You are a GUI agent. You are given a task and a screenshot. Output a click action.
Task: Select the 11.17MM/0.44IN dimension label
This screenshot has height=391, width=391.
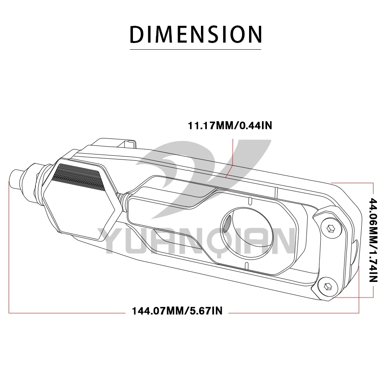[x=230, y=126]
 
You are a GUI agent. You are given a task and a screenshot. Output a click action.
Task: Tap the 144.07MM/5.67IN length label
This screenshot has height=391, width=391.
[x=177, y=311]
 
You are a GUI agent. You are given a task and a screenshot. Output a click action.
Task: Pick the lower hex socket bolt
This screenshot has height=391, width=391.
[x=328, y=287]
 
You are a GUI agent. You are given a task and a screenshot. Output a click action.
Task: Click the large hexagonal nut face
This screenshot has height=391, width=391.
[x=80, y=200]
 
